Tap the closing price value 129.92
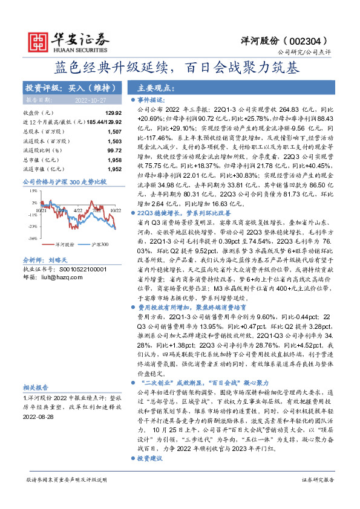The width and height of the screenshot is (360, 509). click(114, 113)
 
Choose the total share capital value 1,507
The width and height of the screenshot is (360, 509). click(114, 131)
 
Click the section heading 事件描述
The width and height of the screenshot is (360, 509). click(151, 100)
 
